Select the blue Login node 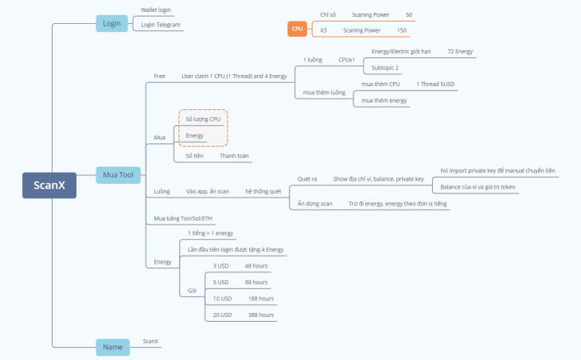[112, 23]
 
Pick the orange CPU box [298, 29]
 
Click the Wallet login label [156, 10]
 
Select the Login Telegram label [161, 25]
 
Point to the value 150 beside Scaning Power [401, 30]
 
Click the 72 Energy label [459, 51]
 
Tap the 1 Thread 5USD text [435, 84]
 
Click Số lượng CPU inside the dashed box [203, 119]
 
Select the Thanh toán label [235, 156]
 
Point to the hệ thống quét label [263, 191]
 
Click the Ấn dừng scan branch [315, 204]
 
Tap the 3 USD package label [220, 265]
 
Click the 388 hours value [260, 315]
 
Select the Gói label [192, 291]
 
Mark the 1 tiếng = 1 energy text [210, 233]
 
